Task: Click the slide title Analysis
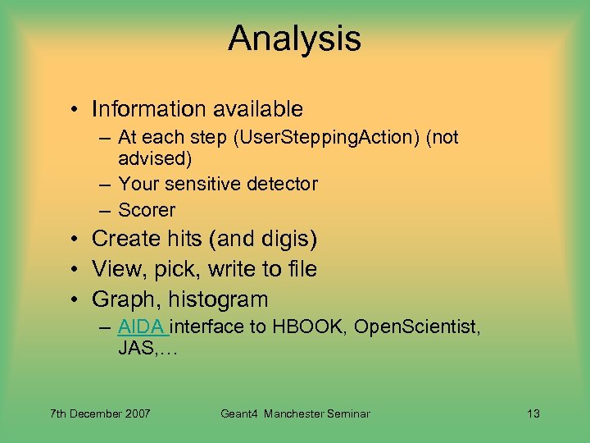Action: (x=294, y=39)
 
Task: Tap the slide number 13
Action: (x=533, y=413)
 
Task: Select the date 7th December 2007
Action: (x=100, y=413)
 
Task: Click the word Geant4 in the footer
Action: (x=240, y=413)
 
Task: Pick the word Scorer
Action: (x=147, y=210)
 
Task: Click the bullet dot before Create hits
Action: (x=74, y=240)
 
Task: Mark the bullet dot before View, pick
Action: (x=74, y=270)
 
